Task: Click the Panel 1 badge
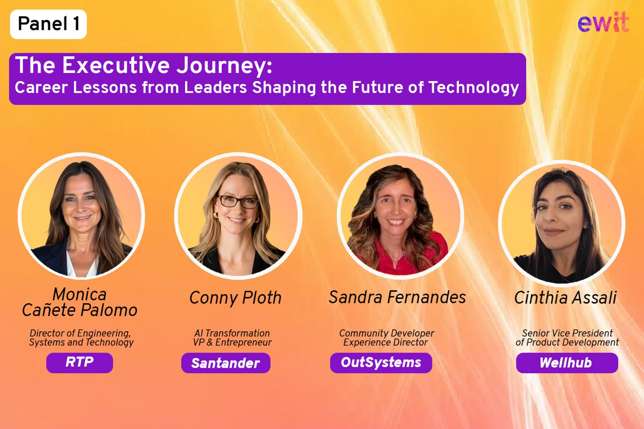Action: pyautogui.click(x=48, y=24)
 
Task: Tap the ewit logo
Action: pyautogui.click(x=603, y=22)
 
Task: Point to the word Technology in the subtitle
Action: pyautogui.click(x=474, y=88)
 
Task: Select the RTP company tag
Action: pyautogui.click(x=80, y=363)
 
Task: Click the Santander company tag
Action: pyautogui.click(x=226, y=363)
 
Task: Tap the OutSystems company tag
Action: pyautogui.click(x=381, y=363)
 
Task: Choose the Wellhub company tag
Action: pyautogui.click(x=567, y=363)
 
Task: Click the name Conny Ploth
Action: pyautogui.click(x=235, y=298)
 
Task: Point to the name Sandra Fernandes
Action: pyautogui.click(x=397, y=297)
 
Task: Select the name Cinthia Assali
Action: pyautogui.click(x=565, y=297)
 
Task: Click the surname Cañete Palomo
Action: pyautogui.click(x=80, y=310)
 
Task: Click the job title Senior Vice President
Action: pyautogui.click(x=567, y=333)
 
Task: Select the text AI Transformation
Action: pyautogui.click(x=232, y=333)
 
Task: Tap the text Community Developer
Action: pyautogui.click(x=386, y=334)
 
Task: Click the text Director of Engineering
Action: pyautogui.click(x=80, y=334)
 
